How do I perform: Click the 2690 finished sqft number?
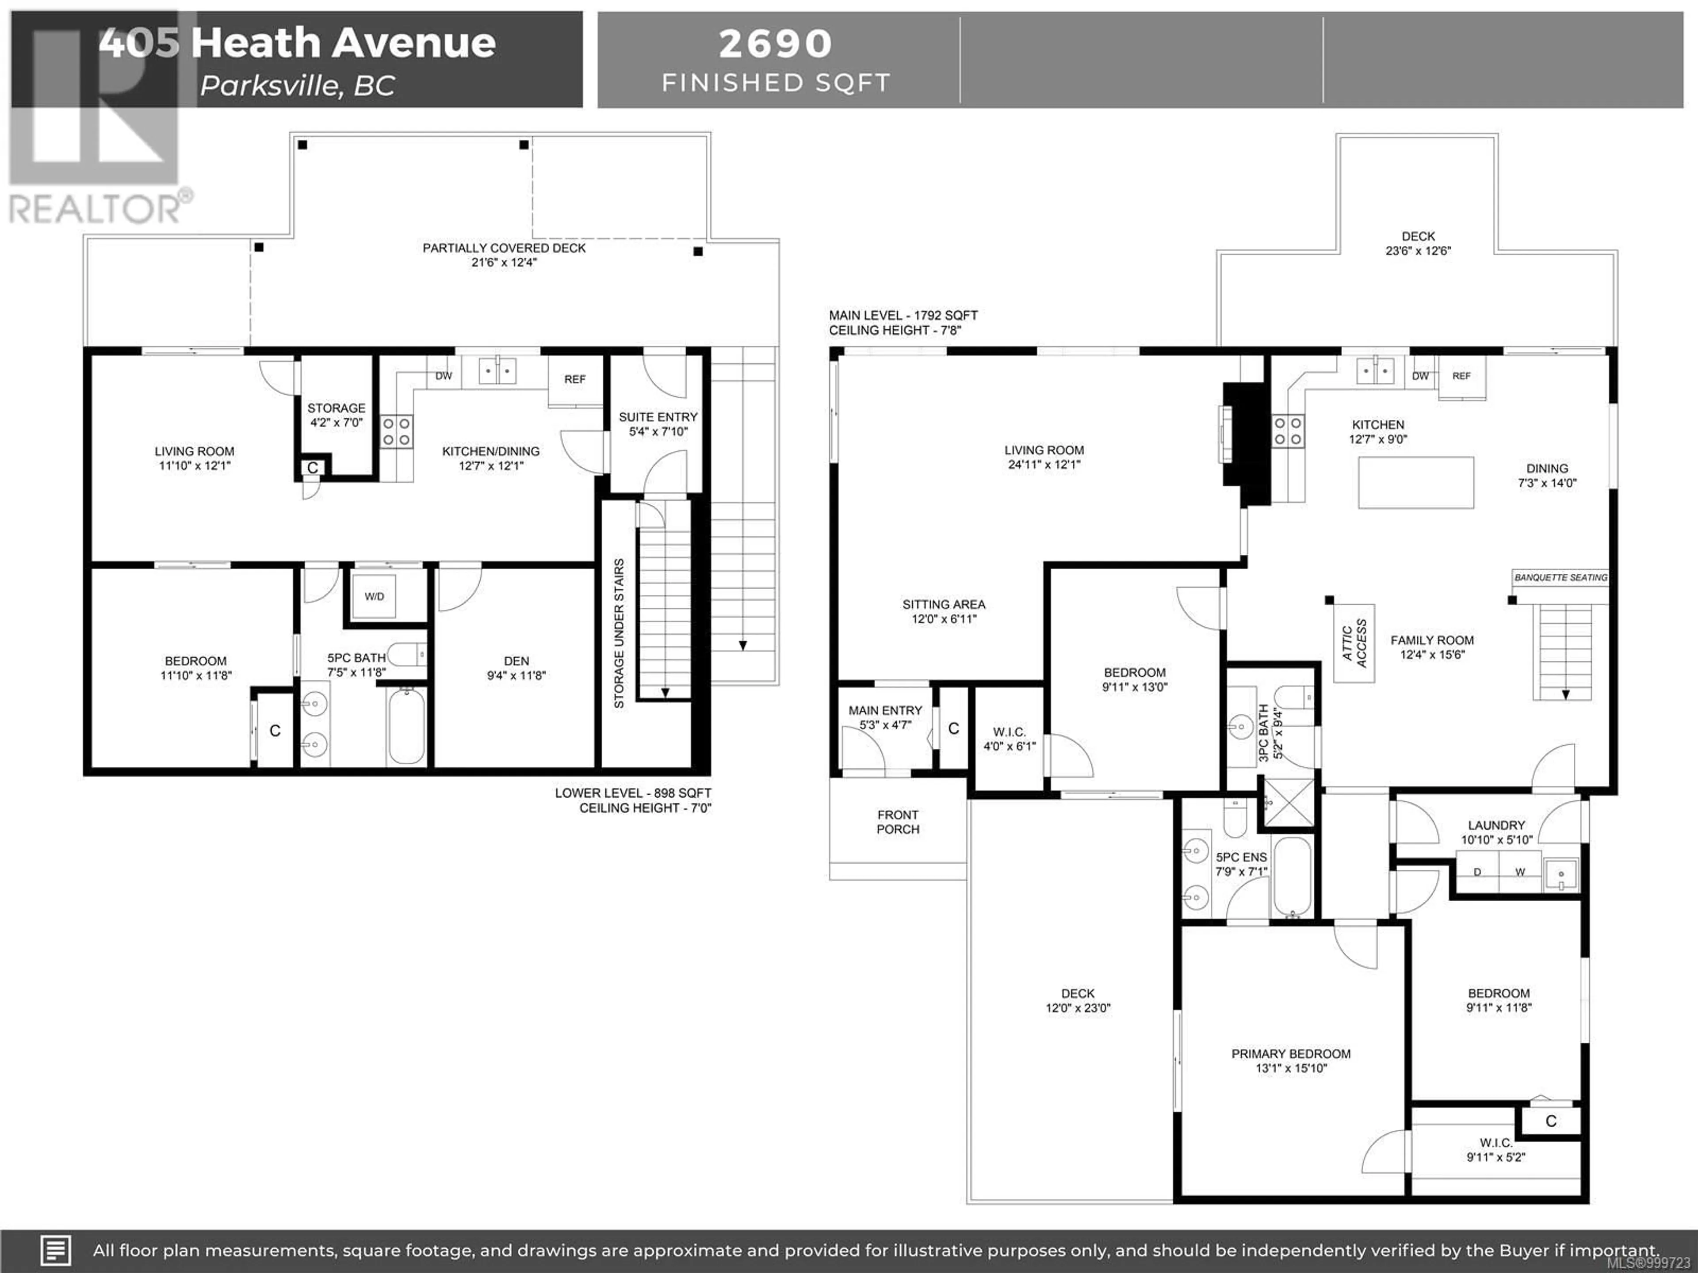click(x=775, y=44)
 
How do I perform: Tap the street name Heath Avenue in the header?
click(x=343, y=42)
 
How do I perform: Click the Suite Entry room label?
click(x=658, y=417)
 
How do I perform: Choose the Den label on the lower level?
click(x=516, y=661)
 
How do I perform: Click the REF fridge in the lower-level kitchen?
click(x=575, y=380)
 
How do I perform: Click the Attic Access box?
click(x=1354, y=643)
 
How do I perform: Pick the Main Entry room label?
click(x=885, y=711)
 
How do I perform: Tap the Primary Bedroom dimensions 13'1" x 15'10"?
click(x=1291, y=1068)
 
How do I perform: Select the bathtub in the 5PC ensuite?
click(x=1293, y=877)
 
